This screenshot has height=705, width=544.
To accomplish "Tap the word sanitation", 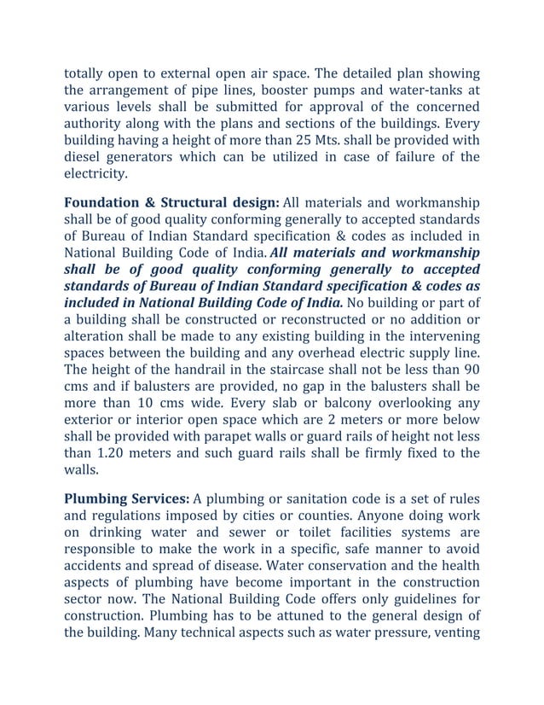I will [296, 498].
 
